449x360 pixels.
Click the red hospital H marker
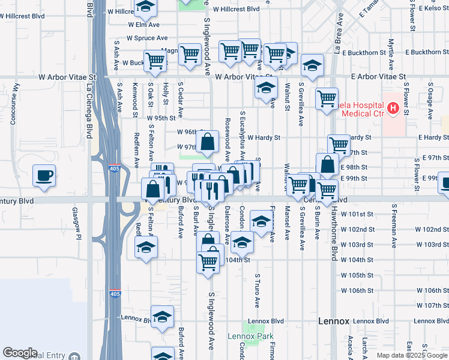[x=393, y=109]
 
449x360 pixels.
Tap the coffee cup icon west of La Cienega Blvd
[x=44, y=176]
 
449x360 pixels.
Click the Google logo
[x=20, y=352]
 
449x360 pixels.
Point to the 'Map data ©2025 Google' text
[x=411, y=355]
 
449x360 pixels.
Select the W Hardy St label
[x=264, y=137]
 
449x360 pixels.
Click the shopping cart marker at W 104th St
[x=208, y=262]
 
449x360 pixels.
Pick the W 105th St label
[x=357, y=275]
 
